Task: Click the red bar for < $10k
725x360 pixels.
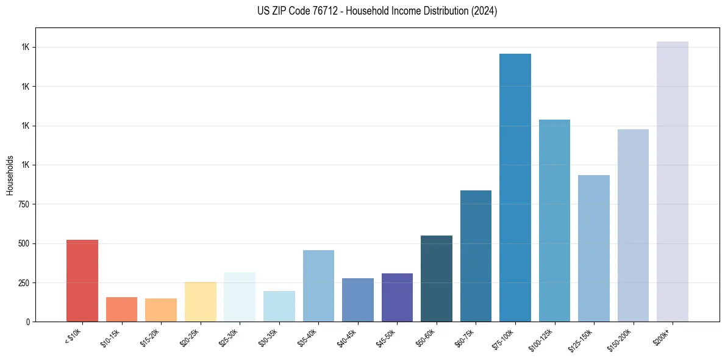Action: click(x=82, y=281)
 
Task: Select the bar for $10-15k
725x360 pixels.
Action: click(x=121, y=309)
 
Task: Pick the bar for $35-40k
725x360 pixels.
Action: click(x=318, y=286)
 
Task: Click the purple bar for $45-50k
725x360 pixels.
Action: click(x=397, y=297)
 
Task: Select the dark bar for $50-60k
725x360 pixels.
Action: click(x=437, y=278)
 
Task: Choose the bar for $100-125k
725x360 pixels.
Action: click(x=554, y=220)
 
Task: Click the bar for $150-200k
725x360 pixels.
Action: click(x=633, y=225)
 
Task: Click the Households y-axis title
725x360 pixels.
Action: click(x=10, y=175)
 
